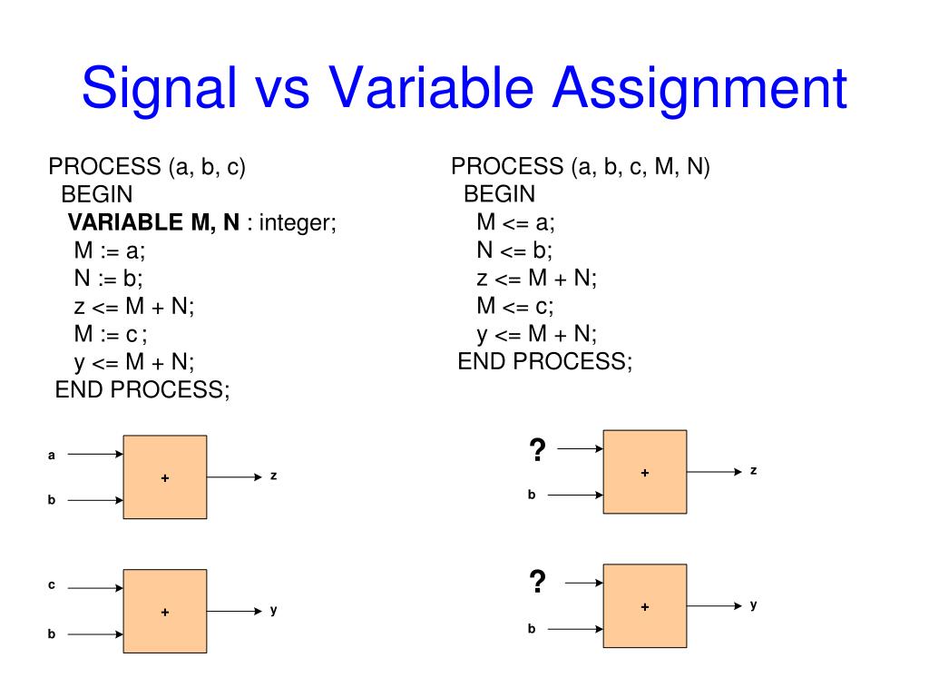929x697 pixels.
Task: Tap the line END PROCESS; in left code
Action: (x=143, y=389)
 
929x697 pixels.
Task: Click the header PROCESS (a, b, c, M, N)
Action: (x=581, y=167)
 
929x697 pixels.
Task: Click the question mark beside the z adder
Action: (x=537, y=449)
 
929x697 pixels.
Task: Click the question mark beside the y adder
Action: (x=537, y=582)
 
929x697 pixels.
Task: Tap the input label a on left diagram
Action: (x=52, y=455)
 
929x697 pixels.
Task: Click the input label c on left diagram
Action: (x=52, y=585)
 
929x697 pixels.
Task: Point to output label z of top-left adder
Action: (x=273, y=476)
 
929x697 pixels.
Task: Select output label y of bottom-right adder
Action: (x=753, y=604)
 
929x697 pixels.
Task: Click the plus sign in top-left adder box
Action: (x=165, y=477)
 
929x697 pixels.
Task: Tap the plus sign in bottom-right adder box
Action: (x=645, y=606)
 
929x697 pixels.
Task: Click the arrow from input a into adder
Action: (x=95, y=455)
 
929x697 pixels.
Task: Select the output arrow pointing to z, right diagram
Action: (x=714, y=472)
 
